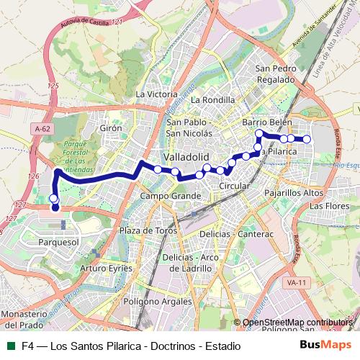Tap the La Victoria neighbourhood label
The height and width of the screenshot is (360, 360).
tap(156, 94)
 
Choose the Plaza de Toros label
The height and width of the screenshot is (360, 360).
tap(148, 230)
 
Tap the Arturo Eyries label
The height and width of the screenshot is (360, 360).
tap(107, 268)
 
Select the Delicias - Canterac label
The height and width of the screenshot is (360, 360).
tap(239, 235)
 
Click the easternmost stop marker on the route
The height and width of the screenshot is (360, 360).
tap(307, 139)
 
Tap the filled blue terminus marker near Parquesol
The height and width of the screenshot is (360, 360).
tap(55, 208)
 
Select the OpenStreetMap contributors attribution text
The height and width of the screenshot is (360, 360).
tap(299, 323)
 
